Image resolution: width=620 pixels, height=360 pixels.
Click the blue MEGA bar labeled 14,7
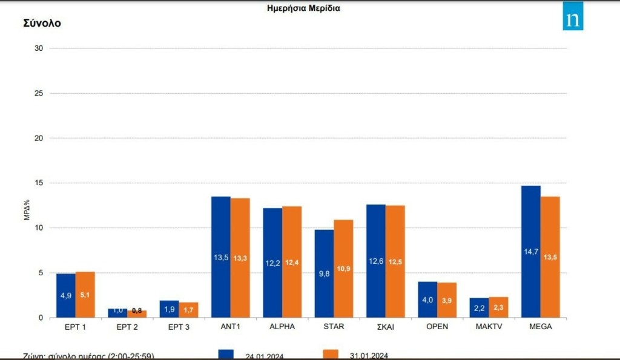pos(531,251)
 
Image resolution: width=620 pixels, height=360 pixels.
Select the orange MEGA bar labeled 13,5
pos(550,257)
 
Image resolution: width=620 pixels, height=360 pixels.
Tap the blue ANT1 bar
pos(221,257)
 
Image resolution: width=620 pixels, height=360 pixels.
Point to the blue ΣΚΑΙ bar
pos(376,261)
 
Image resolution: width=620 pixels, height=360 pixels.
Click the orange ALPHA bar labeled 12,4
pos(292,262)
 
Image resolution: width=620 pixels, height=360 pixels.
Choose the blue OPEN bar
pos(427,299)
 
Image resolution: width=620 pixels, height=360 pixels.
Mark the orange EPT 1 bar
pos(85,295)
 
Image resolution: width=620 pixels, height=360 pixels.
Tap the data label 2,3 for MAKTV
pos(499,308)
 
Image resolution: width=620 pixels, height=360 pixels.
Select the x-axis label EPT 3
pos(179,327)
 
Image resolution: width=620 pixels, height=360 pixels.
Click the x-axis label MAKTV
pos(489,327)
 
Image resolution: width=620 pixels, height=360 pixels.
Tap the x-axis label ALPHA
pos(283,327)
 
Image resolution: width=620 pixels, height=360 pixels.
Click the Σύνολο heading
pos(42,24)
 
